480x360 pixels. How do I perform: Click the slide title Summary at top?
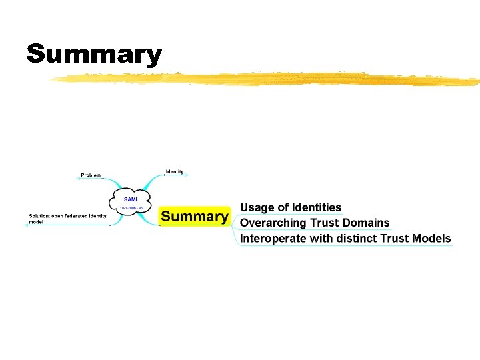(x=94, y=54)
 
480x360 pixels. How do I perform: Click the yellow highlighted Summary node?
(x=194, y=217)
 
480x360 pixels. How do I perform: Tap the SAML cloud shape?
(x=131, y=202)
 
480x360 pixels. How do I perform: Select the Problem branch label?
(x=91, y=175)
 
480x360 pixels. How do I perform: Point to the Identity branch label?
(x=175, y=172)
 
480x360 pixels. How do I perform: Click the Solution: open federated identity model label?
(x=67, y=219)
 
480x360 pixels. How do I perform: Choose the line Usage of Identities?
(x=290, y=208)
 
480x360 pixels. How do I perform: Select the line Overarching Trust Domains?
(x=314, y=223)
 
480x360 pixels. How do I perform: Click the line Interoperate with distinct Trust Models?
(x=345, y=238)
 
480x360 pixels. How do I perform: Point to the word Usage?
(x=257, y=208)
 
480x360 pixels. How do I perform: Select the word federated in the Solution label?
(x=77, y=215)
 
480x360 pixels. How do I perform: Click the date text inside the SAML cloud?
(x=131, y=208)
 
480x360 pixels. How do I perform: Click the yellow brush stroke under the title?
(x=267, y=80)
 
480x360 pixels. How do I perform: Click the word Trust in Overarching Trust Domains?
(x=326, y=223)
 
